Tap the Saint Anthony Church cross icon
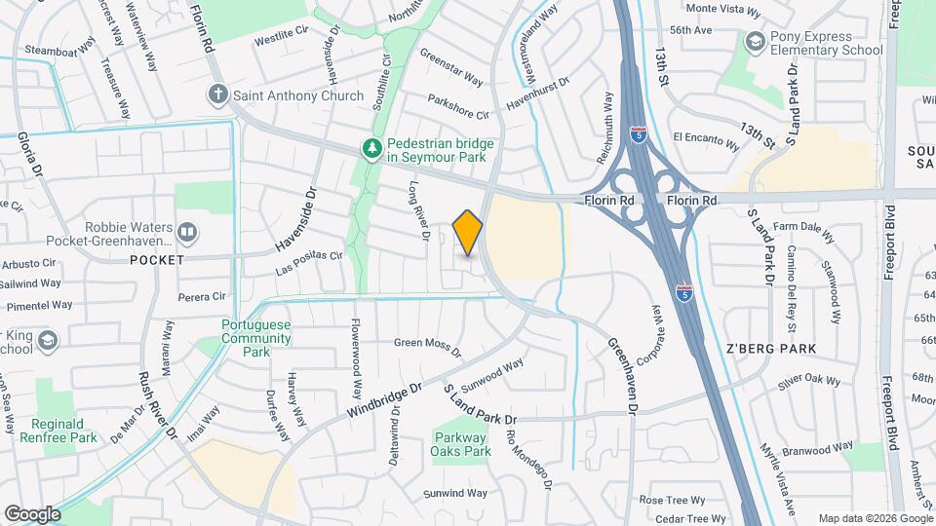217,95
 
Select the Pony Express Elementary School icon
754,42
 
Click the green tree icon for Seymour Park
371,149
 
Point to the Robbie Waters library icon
186,233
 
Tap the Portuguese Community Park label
255,338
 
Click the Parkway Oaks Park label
460,444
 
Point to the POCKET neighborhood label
155,260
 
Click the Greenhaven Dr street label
622,376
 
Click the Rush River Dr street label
157,405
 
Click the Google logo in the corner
32,514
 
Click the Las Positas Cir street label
310,262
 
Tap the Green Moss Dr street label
427,343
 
